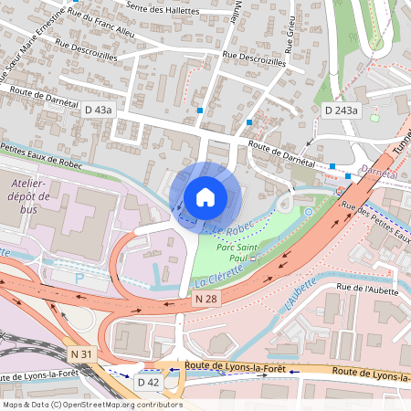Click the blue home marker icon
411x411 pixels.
[205, 197]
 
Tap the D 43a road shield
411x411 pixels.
[98, 110]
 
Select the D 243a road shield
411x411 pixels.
[342, 110]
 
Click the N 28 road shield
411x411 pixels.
[205, 299]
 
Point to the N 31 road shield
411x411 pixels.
[79, 352]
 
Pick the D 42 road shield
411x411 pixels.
[148, 380]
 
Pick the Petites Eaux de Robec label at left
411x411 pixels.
[41, 153]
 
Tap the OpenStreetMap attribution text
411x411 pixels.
[91, 405]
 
